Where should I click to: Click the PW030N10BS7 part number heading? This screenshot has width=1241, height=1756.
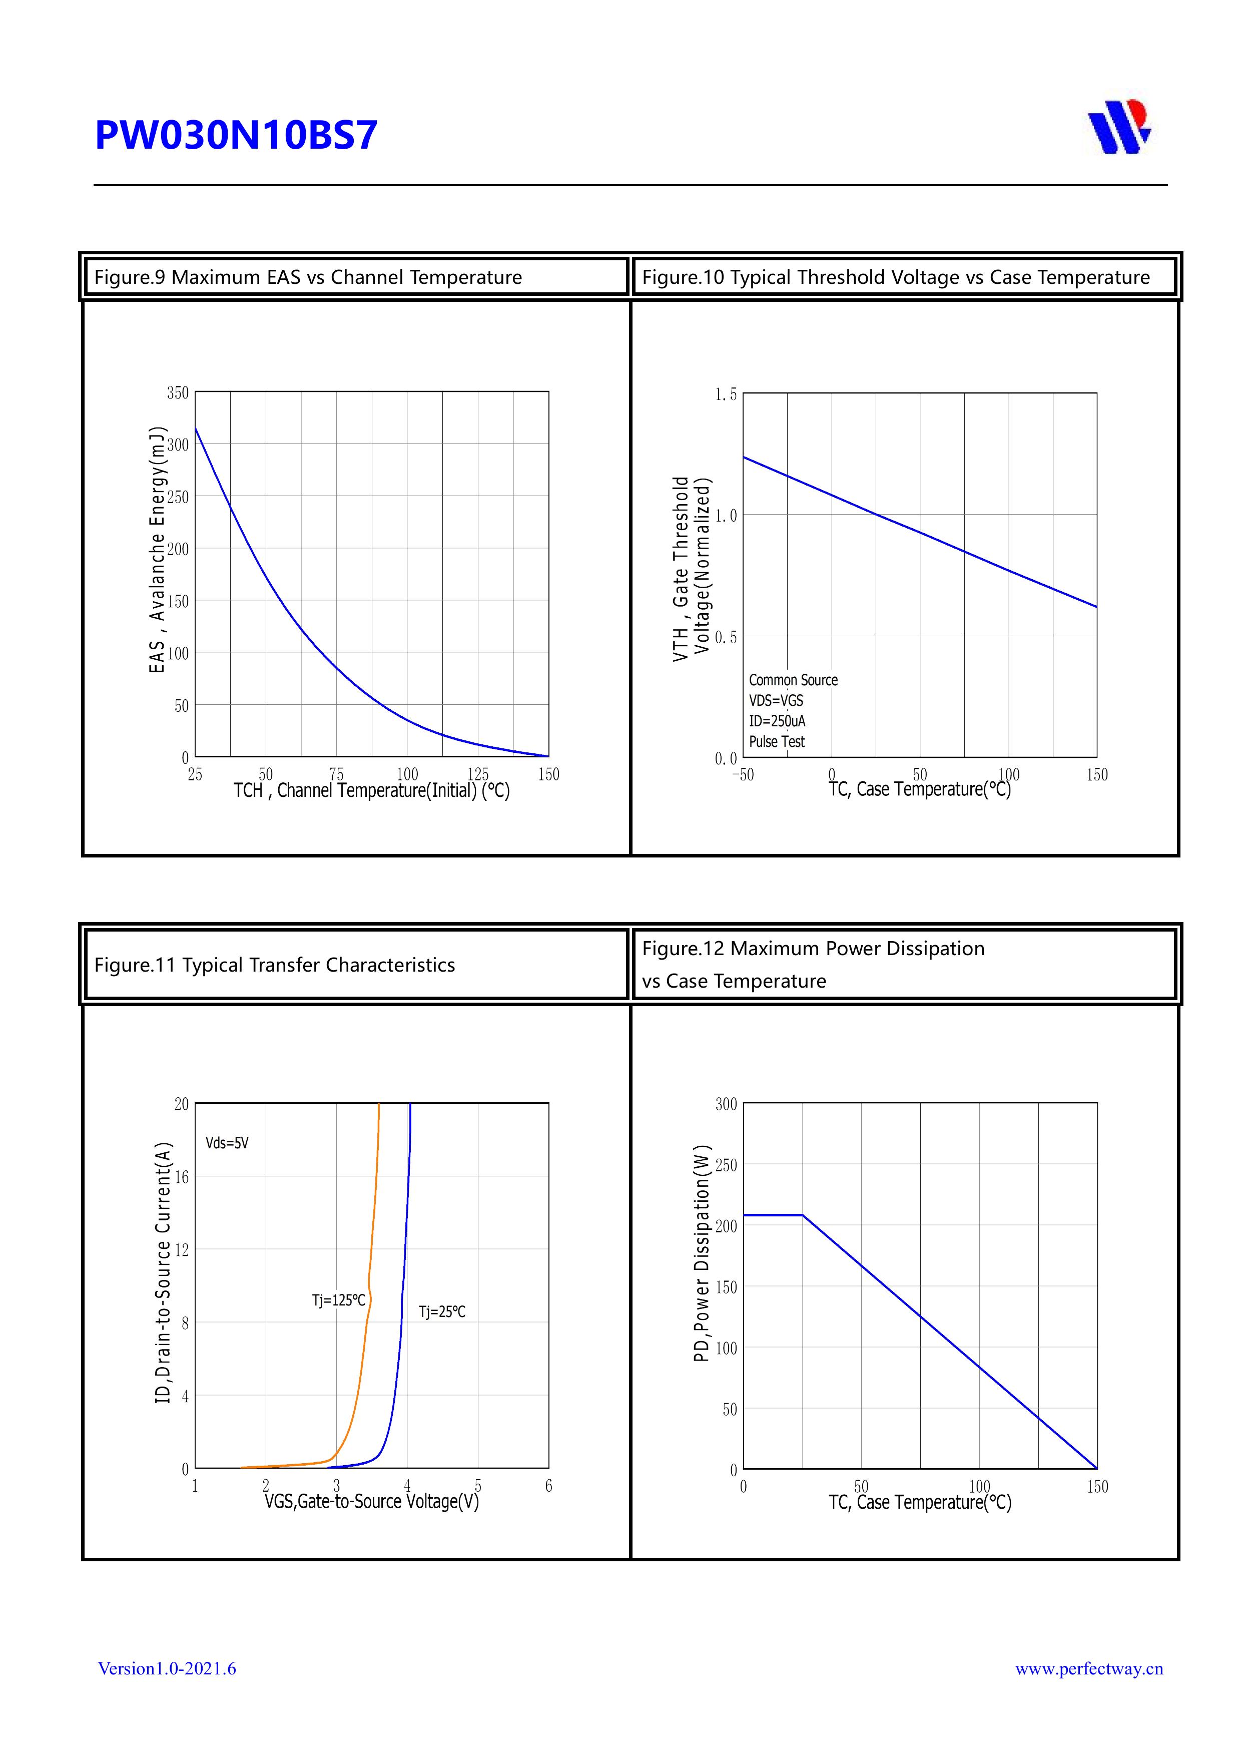236,135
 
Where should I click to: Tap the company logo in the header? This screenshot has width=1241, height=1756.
1119,127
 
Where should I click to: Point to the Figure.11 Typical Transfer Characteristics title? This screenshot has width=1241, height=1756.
275,965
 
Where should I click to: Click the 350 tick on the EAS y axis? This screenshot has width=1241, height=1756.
178,392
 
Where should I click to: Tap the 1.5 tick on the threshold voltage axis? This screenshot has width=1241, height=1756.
726,394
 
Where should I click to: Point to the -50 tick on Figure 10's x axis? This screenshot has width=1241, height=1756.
743,775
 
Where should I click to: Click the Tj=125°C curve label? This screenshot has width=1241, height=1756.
338,1300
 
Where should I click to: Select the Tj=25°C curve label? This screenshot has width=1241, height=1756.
442,1312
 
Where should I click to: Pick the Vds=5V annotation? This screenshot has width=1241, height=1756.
227,1143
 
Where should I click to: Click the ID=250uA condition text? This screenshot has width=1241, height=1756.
777,721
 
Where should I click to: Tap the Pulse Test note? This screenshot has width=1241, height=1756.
777,742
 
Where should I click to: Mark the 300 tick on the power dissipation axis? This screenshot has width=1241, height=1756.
726,1104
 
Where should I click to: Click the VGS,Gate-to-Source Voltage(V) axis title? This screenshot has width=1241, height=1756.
372,1502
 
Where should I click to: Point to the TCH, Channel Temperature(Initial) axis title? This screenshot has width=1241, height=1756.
372,791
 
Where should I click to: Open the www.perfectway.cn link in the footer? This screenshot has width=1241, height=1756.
1089,1669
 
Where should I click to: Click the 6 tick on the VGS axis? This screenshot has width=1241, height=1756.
548,1486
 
